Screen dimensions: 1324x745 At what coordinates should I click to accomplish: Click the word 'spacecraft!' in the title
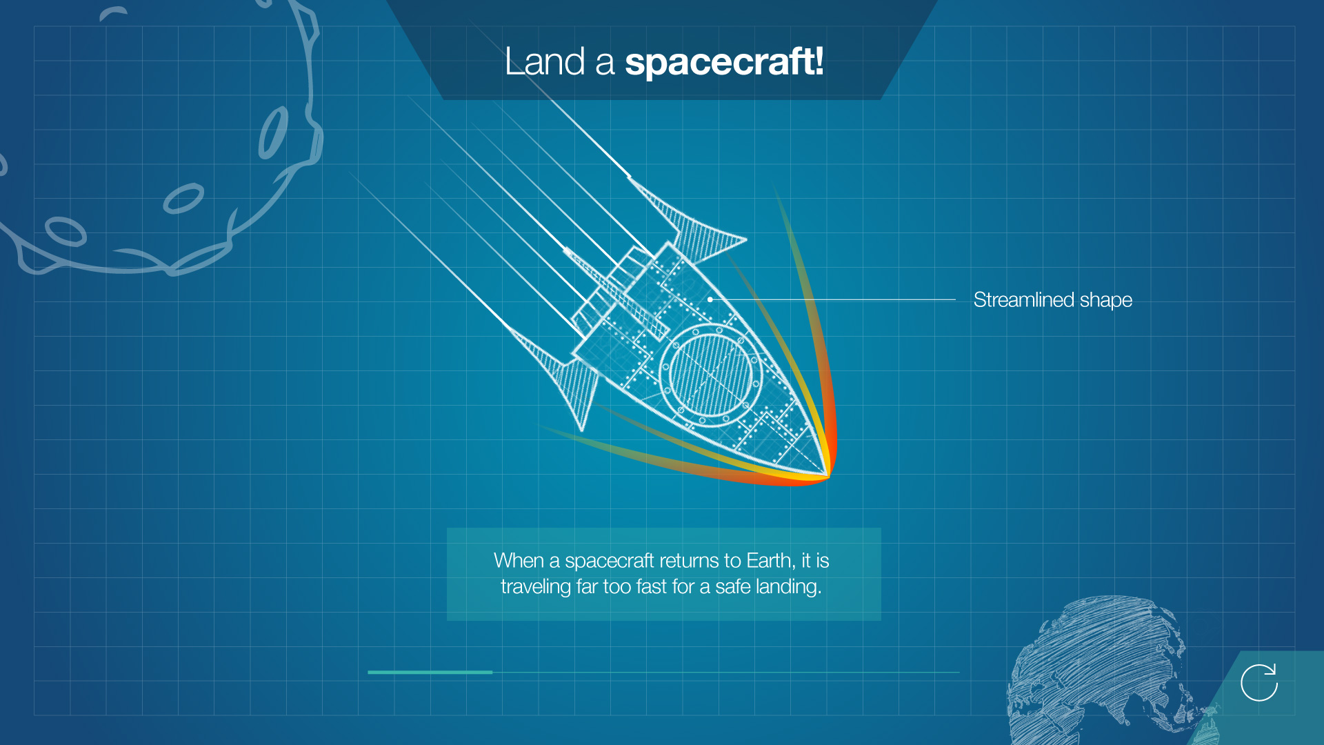tap(724, 62)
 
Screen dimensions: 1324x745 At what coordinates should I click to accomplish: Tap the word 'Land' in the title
tap(545, 61)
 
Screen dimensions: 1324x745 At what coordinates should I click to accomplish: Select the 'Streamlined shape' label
tap(1052, 300)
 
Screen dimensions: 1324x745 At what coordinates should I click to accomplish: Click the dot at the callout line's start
tap(710, 299)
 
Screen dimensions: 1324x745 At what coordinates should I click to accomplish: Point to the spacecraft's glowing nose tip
tap(828, 475)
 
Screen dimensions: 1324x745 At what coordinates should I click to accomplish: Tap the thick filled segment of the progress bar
tap(430, 672)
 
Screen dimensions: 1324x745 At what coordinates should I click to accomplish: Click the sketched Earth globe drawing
tap(1103, 669)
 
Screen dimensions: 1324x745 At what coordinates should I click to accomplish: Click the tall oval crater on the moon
tap(273, 132)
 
